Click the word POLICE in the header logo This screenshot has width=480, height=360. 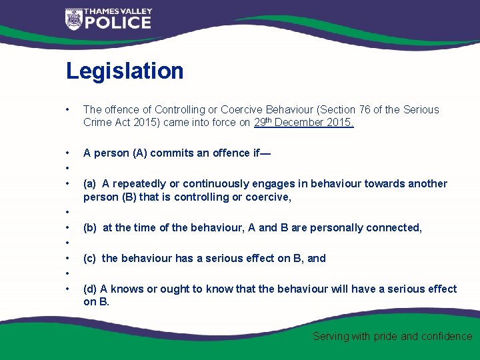click(117, 23)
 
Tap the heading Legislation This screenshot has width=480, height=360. click(125, 71)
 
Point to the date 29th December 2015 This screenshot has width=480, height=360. click(304, 122)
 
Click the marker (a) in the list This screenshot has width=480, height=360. click(90, 183)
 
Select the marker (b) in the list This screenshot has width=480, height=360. click(90, 227)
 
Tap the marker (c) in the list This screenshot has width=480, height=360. click(90, 258)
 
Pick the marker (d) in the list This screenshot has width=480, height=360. click(90, 289)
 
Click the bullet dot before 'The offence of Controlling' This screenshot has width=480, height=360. click(68, 110)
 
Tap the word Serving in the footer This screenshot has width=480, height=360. click(331, 337)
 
